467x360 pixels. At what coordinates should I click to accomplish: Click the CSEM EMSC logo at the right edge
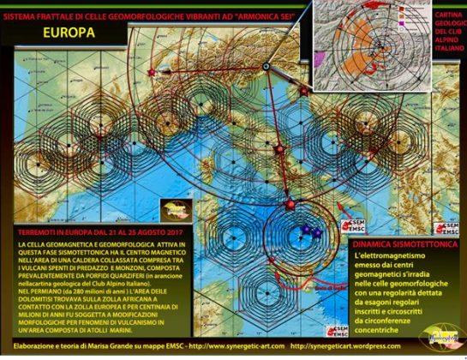455,227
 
